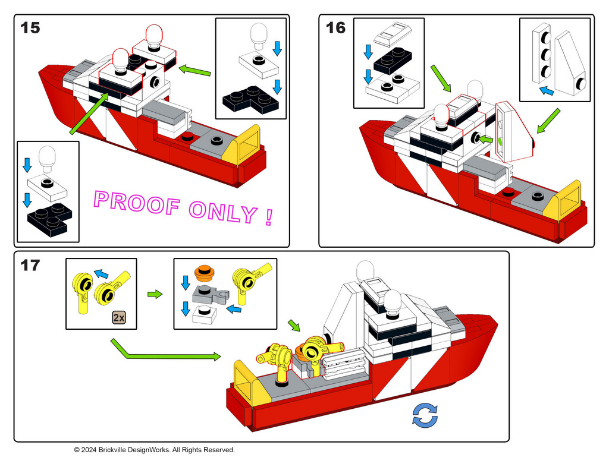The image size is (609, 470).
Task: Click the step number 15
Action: click(x=30, y=27)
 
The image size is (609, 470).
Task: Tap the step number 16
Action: click(x=336, y=27)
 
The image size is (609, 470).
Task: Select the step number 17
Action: click(x=30, y=265)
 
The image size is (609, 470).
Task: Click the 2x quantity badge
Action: click(x=119, y=317)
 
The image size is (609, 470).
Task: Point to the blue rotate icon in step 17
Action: click(x=425, y=415)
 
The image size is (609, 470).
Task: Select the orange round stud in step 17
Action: click(x=204, y=272)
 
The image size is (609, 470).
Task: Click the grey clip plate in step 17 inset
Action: click(x=208, y=292)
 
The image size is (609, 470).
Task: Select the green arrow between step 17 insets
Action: click(x=155, y=294)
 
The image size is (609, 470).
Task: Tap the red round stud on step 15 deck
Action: click(x=189, y=136)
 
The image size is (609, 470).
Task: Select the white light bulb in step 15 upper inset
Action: click(x=259, y=34)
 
